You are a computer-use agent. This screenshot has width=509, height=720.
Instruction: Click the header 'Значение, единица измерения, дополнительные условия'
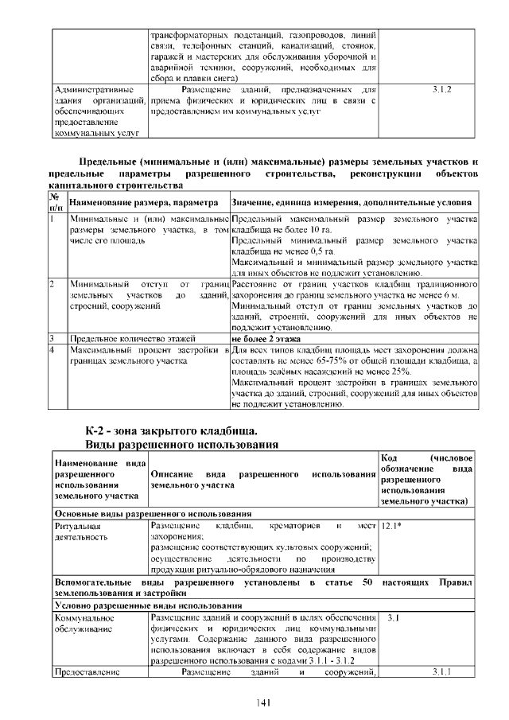tap(351, 203)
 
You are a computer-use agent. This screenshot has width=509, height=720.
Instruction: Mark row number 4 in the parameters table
tap(52, 349)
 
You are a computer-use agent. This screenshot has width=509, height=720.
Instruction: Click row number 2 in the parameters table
tap(52, 282)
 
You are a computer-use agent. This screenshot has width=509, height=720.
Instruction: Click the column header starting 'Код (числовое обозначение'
tap(427, 480)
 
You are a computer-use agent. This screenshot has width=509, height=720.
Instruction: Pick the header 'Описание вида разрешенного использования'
tap(262, 480)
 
